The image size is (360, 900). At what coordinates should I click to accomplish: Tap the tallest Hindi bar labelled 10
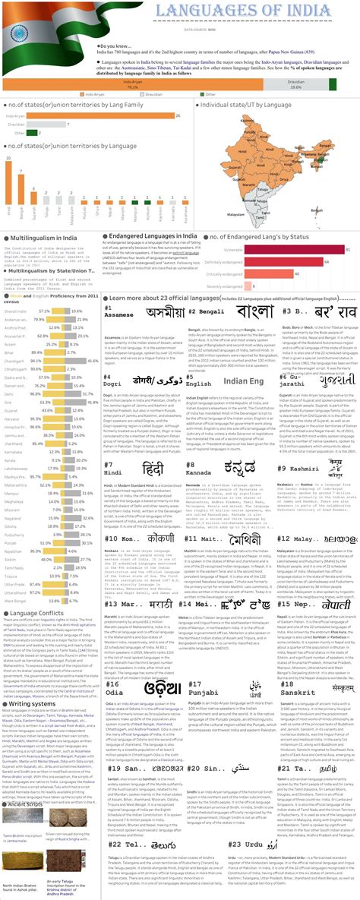(x=10, y=182)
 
